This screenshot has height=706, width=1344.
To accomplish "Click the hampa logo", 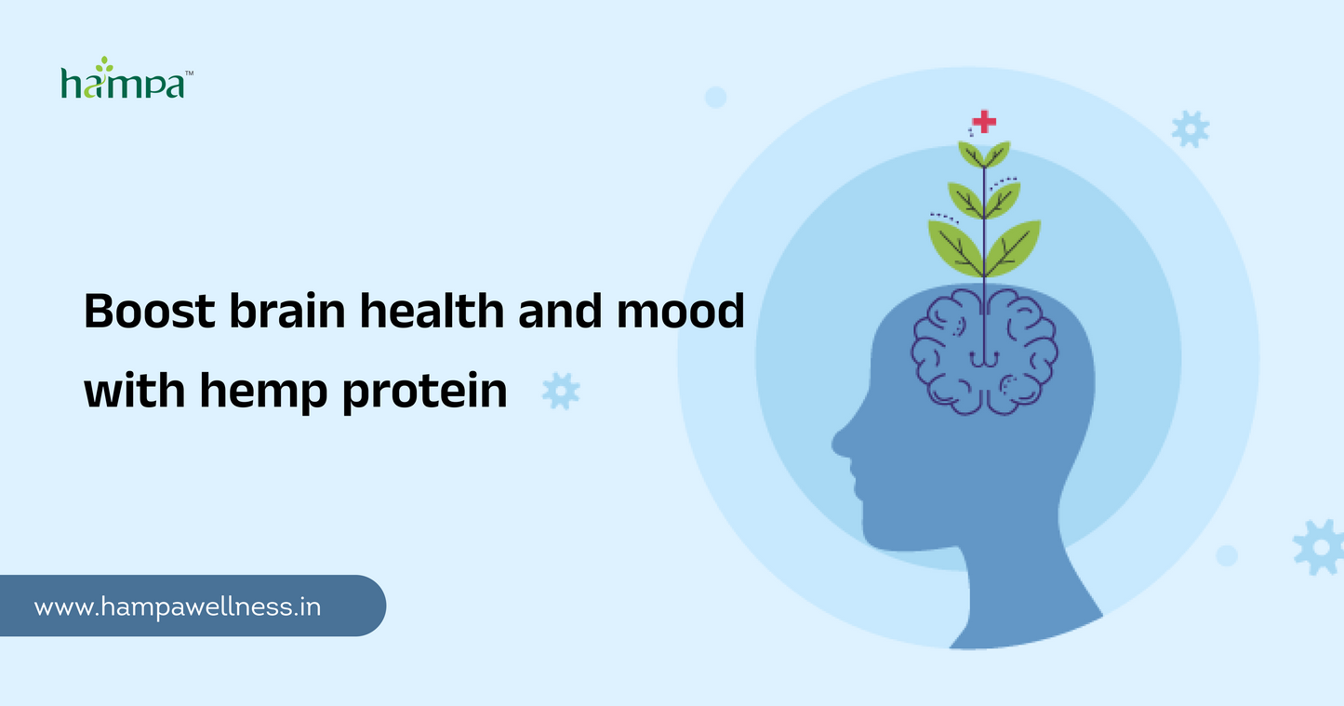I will (x=126, y=79).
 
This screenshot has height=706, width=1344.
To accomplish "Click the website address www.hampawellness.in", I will (x=178, y=607).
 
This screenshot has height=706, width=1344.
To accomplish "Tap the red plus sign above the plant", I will (x=983, y=121).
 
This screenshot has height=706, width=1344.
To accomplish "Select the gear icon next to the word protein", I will (x=561, y=391).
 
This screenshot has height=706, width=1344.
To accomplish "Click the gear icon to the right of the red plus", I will (x=1190, y=128).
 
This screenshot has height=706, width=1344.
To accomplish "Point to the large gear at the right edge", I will (x=1321, y=546).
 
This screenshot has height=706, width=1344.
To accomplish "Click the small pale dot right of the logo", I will (x=715, y=97).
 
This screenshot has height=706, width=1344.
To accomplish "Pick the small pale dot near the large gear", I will (x=1227, y=555).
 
